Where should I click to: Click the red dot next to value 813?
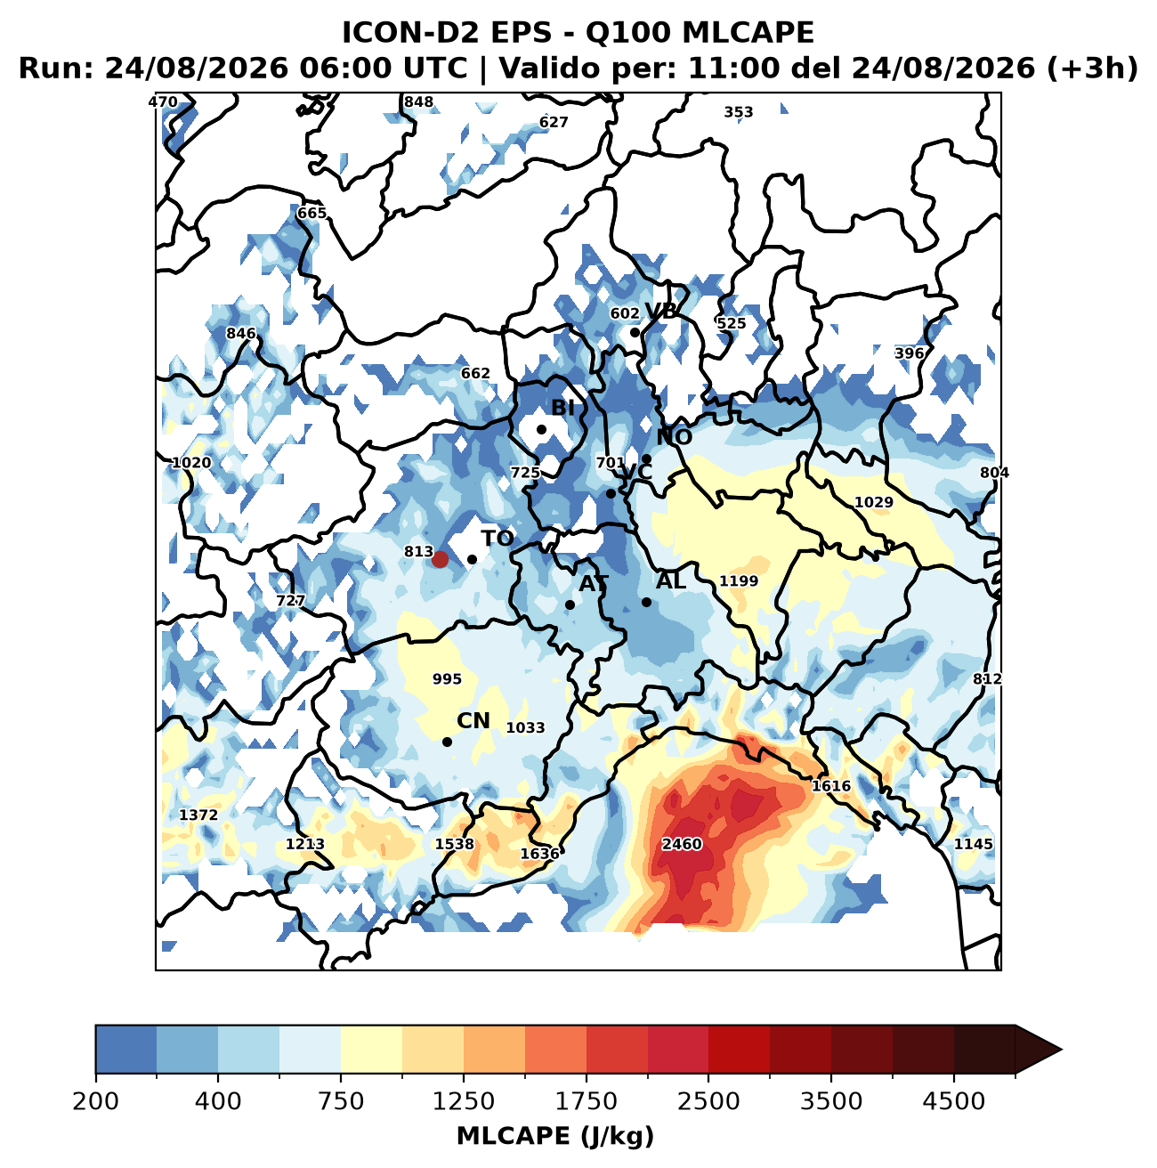pos(440,559)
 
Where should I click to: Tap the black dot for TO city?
pos(472,559)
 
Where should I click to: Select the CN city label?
pos(473,721)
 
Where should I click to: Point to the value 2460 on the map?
pos(682,844)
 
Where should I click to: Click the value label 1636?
pos(540,854)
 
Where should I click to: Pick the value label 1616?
pos(831,785)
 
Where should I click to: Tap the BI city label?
pos(562,408)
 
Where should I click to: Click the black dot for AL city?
pos(647,603)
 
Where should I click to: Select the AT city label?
pos(594,584)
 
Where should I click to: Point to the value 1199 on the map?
pos(738,580)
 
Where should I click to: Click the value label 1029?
pos(873,502)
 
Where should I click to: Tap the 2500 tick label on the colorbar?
pos(708,1100)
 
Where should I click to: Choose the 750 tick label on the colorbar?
pos(341,1100)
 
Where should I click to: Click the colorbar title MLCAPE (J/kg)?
pos(555,1136)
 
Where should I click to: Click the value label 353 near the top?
pos(738,112)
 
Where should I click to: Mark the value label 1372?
pos(198,815)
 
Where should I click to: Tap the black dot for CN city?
pos(447,742)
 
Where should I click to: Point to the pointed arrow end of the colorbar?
pos(1061,1050)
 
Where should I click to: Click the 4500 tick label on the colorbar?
pos(954,1100)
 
